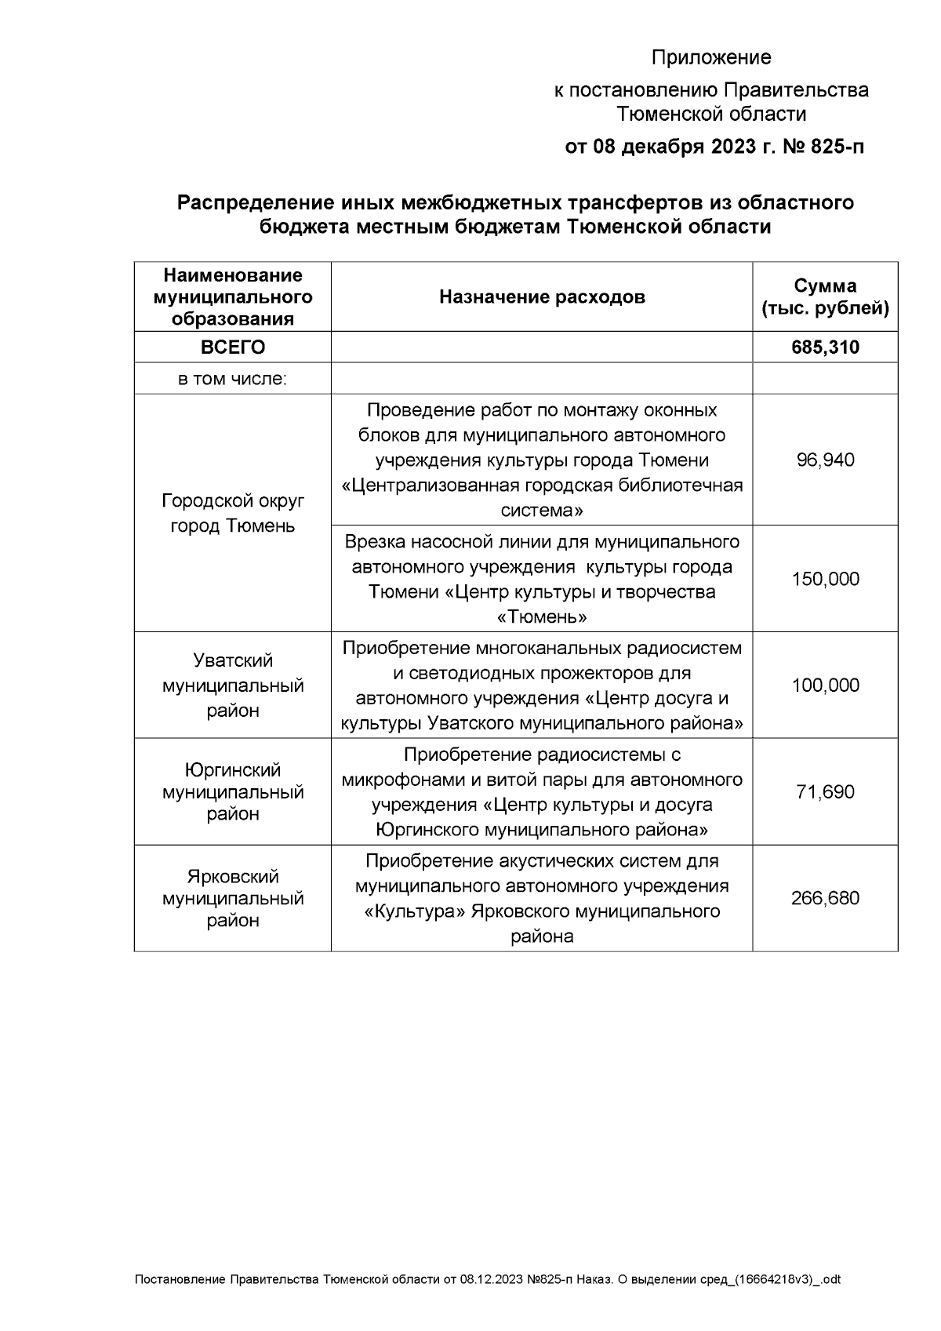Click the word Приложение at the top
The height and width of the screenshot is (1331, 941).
click(711, 57)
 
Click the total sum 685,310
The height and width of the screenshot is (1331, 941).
click(825, 347)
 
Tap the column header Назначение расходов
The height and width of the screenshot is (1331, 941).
click(542, 296)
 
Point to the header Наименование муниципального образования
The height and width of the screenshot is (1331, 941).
click(233, 296)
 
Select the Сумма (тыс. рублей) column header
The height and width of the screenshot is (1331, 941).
click(825, 296)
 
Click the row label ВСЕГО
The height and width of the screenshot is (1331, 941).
click(233, 347)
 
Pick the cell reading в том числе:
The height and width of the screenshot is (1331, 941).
click(233, 379)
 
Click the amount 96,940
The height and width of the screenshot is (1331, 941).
click(825, 460)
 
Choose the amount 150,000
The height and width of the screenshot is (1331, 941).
click(825, 579)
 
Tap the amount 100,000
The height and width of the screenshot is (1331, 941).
click(825, 686)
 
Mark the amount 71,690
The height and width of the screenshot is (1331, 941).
click(825, 791)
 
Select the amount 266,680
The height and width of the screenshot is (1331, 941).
click(825, 898)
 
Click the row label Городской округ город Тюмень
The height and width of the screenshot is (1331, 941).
click(233, 513)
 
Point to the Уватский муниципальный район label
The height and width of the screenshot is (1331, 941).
click(233, 686)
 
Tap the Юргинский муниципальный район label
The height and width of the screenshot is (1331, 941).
click(233, 791)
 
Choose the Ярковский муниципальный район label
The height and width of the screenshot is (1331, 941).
click(233, 898)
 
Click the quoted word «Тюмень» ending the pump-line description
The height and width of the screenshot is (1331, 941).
click(542, 616)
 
